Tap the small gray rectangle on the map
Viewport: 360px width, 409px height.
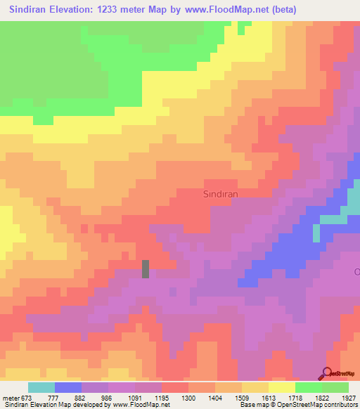(146, 268)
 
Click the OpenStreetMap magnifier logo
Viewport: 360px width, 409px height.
(327, 373)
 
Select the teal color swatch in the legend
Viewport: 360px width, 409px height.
(41, 387)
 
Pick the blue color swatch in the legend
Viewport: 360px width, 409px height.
(68, 387)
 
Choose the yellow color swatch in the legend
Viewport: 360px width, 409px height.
(282, 387)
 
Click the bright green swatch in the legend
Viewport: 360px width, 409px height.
(309, 387)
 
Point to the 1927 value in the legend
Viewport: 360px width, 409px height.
(344, 398)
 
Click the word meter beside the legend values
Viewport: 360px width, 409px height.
(12, 398)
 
